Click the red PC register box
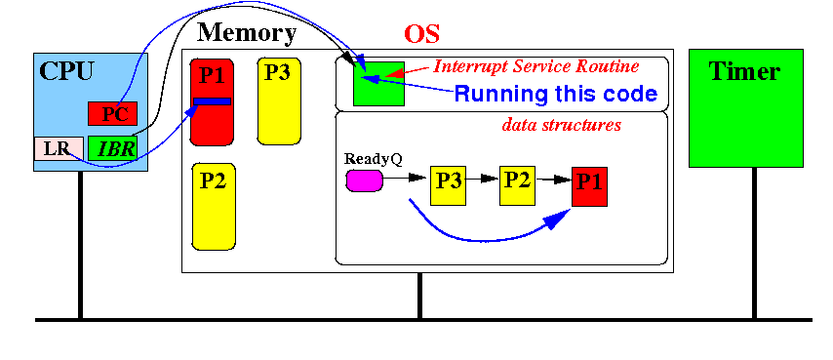112,113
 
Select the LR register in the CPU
59,148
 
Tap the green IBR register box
112,148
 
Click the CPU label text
66,71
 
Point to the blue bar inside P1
212,101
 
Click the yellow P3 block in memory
279,100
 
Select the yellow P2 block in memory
214,206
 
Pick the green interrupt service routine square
378,83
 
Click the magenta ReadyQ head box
365,180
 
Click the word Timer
745,71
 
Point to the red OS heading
421,34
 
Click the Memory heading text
247,33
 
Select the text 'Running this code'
556,94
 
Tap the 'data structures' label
562,125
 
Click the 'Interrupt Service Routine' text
536,66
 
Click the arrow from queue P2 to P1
553,180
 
